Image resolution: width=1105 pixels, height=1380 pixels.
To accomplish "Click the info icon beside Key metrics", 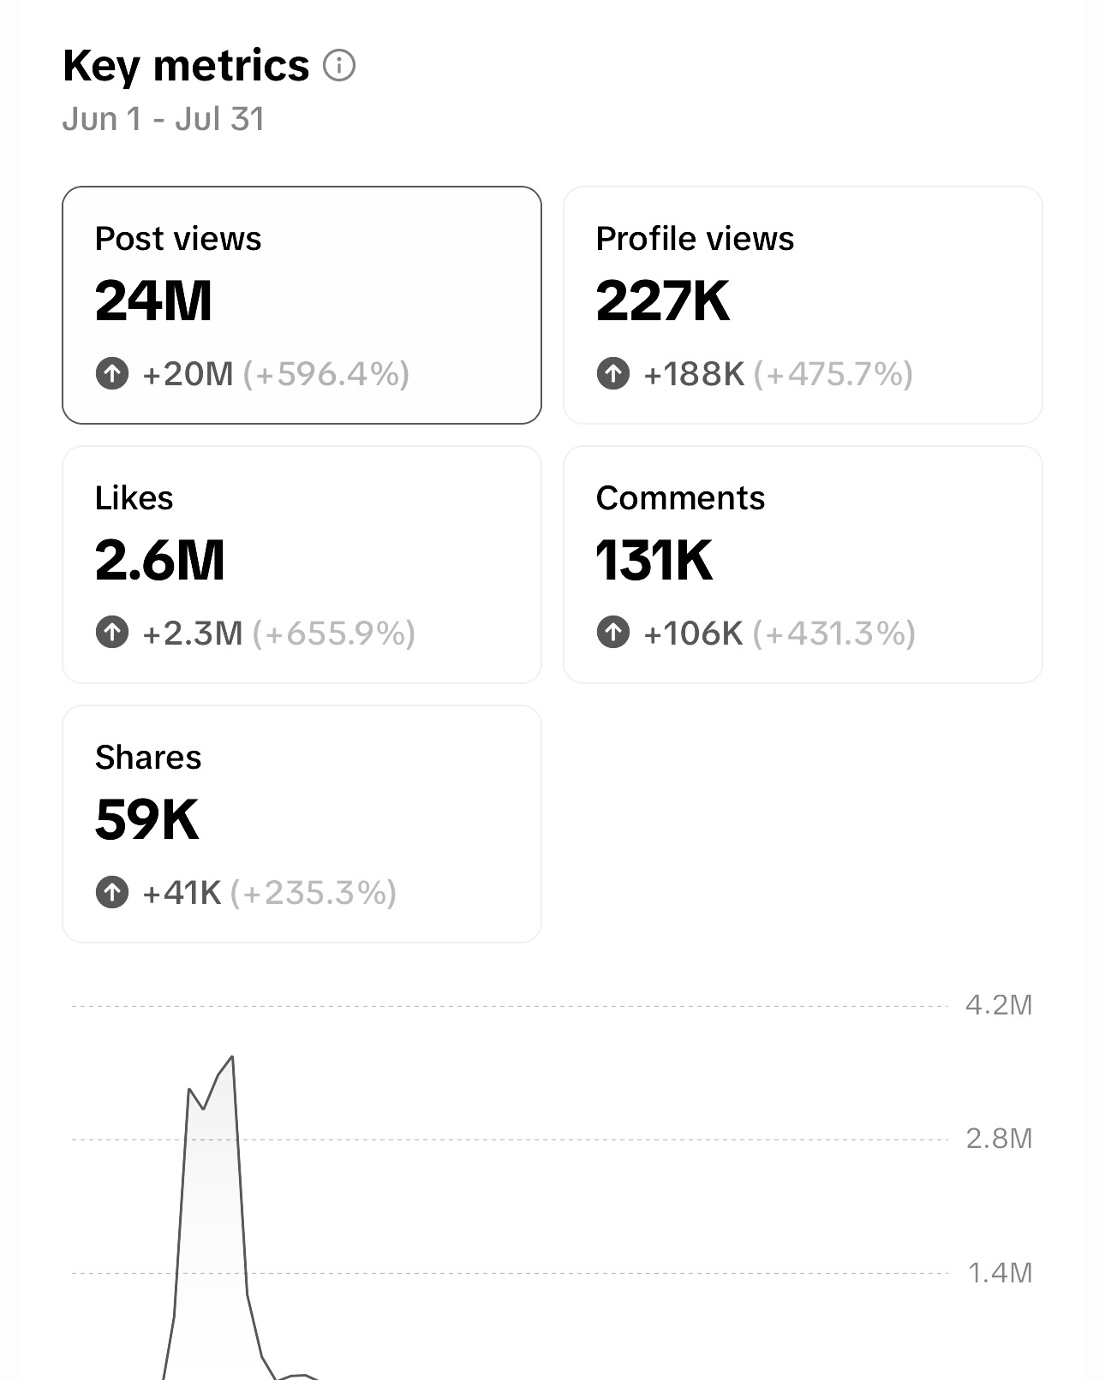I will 339,66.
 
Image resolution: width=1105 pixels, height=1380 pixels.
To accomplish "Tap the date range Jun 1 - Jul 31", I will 164,119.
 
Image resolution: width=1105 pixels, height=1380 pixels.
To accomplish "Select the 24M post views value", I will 153,301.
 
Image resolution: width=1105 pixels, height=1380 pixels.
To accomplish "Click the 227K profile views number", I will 662,301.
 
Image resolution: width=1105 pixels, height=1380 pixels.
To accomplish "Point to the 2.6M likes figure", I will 159,561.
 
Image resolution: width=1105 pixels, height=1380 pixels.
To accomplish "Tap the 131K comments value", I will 654,561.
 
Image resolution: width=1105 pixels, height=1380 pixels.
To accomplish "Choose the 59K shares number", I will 146,820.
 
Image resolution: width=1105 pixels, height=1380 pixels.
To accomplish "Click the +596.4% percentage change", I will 326,374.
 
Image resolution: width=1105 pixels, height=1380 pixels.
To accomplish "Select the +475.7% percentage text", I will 833,374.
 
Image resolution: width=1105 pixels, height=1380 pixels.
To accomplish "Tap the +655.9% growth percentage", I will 334,633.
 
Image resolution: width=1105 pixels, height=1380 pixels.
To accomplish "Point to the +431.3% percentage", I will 834,633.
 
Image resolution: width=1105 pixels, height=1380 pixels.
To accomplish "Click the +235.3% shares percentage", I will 314,893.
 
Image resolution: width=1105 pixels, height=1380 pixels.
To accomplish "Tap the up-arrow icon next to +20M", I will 112,373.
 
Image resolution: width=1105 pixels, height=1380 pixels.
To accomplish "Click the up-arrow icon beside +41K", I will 112,892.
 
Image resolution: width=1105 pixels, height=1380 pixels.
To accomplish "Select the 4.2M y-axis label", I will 999,1005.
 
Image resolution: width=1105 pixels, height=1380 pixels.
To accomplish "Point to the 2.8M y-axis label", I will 999,1139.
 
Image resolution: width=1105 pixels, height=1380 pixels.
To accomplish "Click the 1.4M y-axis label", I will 999,1273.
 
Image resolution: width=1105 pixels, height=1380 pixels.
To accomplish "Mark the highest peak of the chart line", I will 232,1057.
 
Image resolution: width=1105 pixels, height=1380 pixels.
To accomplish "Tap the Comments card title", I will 680,498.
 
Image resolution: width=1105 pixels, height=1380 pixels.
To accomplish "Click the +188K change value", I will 694,374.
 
